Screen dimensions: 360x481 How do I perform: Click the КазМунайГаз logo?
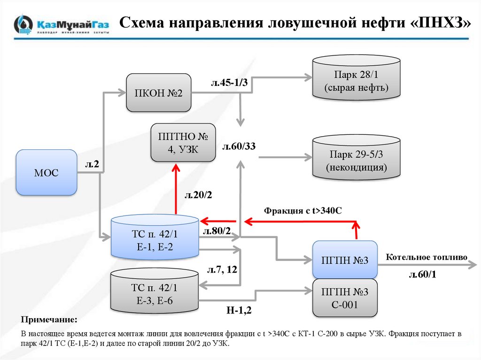click(x=62, y=24)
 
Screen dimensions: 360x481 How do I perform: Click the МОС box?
click(x=47, y=172)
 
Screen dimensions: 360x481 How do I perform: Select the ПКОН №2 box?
click(x=158, y=92)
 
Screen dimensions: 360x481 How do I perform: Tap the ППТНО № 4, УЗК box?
click(x=183, y=143)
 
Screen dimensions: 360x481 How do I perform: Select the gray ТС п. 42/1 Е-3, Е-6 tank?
click(x=155, y=293)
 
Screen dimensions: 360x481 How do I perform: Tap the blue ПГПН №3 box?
click(x=345, y=260)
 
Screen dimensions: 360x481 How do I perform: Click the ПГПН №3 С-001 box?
click(x=345, y=298)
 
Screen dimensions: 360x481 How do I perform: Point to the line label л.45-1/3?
click(x=229, y=83)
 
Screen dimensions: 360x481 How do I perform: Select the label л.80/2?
click(x=217, y=231)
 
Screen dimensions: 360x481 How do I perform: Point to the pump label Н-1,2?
click(x=239, y=310)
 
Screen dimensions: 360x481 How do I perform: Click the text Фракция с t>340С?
click(x=303, y=210)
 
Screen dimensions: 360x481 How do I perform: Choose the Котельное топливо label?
click(x=427, y=257)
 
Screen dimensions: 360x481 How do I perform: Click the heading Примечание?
click(x=49, y=320)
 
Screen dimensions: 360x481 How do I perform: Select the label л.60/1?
click(x=423, y=275)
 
